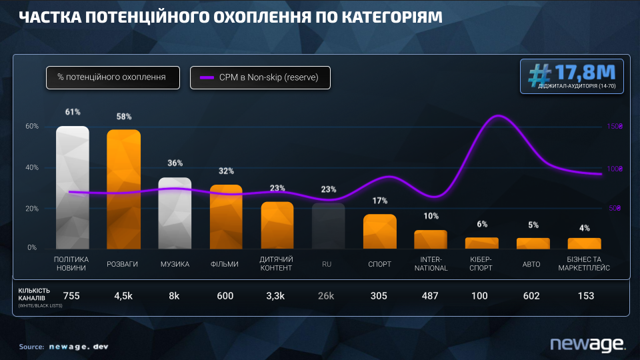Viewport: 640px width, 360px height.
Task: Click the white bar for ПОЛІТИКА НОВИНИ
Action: (72, 187)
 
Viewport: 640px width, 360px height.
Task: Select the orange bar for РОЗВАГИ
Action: (123, 189)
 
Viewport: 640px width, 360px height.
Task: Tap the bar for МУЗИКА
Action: (175, 212)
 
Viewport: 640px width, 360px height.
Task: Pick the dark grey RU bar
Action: (328, 225)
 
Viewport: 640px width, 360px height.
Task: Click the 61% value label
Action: (73, 111)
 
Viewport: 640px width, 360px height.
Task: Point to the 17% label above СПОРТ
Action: (380, 200)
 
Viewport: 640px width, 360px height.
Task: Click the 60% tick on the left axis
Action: (32, 126)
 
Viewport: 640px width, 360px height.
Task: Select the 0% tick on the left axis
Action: (32, 247)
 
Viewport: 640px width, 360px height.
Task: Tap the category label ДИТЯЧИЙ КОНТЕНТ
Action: (277, 263)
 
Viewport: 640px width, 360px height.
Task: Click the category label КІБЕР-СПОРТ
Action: (481, 263)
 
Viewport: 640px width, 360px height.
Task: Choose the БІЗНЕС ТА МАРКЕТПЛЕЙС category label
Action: (584, 263)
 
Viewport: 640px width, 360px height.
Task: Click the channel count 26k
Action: (327, 295)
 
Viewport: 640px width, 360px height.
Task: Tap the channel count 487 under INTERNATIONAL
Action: (430, 295)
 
